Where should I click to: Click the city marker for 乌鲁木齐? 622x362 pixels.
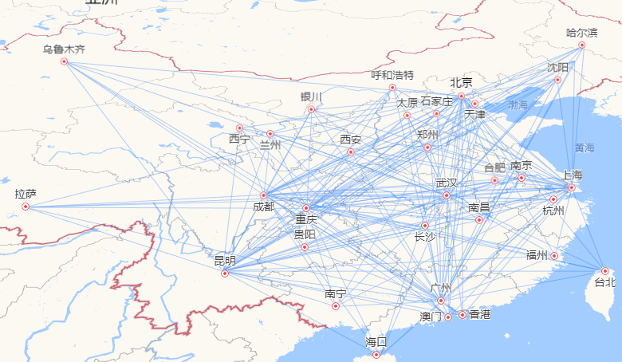tap(65, 61)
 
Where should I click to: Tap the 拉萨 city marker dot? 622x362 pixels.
tap(26, 207)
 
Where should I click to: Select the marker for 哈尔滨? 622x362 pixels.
tap(581, 45)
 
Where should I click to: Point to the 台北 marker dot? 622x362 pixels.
tap(605, 271)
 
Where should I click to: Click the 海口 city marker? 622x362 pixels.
tap(376, 355)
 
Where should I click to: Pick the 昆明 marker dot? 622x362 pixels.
tap(225, 273)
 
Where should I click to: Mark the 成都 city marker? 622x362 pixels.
tap(263, 195)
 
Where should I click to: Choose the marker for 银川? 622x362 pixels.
tap(311, 109)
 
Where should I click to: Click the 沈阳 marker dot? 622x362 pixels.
tap(557, 80)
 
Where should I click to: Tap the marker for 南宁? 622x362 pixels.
tap(336, 305)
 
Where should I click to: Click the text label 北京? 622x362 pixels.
tap(461, 82)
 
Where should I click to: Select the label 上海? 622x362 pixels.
tap(572, 175)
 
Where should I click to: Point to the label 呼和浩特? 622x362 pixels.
tap(392, 76)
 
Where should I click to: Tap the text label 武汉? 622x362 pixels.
tap(447, 183)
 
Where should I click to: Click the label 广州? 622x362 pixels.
tap(440, 288)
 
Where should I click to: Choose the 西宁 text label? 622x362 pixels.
tap(239, 139)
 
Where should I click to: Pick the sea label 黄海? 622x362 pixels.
tap(585, 148)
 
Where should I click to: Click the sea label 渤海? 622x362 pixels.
tap(518, 104)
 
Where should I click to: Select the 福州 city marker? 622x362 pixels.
tap(555, 256)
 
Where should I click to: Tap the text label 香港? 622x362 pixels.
tap(480, 314)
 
